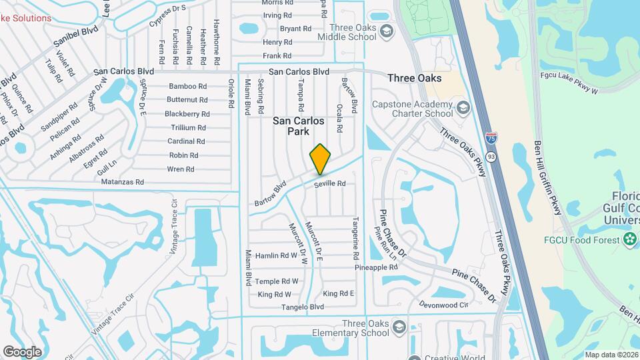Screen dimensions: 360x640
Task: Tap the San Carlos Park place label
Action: (x=299, y=126)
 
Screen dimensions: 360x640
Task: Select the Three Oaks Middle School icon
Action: (x=386, y=32)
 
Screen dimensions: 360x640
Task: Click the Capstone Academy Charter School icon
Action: (x=463, y=108)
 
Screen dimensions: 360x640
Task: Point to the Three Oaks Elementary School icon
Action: (x=399, y=328)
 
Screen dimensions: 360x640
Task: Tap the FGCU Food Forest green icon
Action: (x=630, y=239)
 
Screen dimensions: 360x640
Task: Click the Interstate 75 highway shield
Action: (x=491, y=139)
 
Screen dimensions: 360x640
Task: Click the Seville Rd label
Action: (x=331, y=183)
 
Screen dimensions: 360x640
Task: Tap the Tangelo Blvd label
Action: (x=304, y=307)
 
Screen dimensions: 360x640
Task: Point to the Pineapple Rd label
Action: (x=376, y=267)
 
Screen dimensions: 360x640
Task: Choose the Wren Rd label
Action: (x=181, y=169)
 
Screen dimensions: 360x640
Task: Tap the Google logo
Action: (x=23, y=351)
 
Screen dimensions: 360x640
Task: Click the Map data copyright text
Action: (x=611, y=355)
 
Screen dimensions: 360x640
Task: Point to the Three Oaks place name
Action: (x=415, y=78)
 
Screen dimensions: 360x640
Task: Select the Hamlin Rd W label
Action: (x=276, y=255)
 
